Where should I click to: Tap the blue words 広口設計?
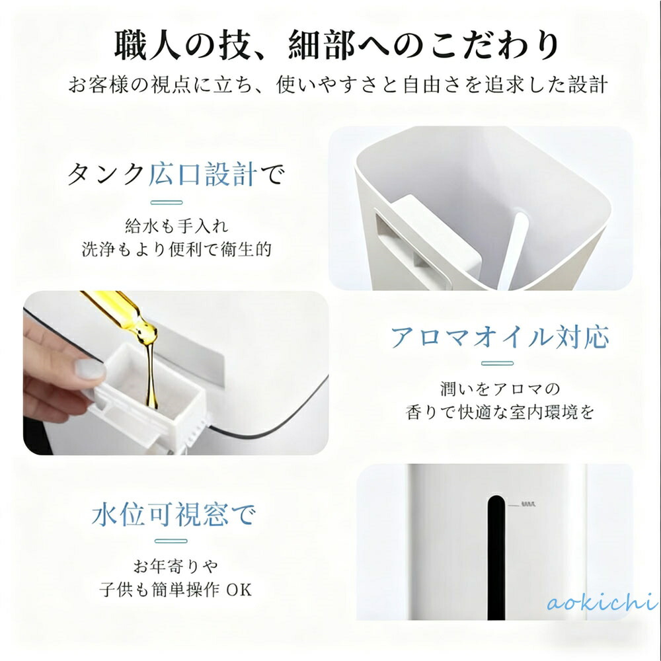203,174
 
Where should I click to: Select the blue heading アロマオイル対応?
500,337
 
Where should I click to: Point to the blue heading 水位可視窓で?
174,514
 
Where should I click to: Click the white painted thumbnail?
90,369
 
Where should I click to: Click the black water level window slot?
496,557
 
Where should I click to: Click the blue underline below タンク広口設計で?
167,203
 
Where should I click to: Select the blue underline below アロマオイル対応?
498,364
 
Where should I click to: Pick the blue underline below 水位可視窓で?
171,541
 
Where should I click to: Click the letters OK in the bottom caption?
239,590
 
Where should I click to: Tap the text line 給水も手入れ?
176,226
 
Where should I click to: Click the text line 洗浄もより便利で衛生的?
176,250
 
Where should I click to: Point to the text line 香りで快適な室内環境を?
500,412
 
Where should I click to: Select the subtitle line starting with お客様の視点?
338,85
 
